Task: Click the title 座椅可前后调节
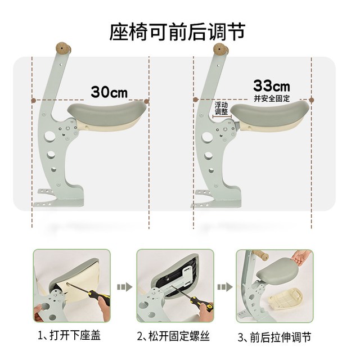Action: (178, 31)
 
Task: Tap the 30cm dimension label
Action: (109, 92)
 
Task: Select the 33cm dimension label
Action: (272, 86)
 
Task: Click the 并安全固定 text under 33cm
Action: (272, 98)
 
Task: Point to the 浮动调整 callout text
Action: (221, 109)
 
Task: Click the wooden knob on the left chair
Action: (63, 48)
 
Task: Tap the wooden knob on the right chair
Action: (220, 49)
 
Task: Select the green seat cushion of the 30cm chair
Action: (107, 112)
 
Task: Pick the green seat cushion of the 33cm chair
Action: (270, 112)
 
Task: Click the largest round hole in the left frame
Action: (49, 136)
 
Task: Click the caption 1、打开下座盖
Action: (69, 335)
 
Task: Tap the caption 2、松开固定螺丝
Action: (173, 336)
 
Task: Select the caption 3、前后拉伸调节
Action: (274, 337)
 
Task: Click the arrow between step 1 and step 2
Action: (124, 287)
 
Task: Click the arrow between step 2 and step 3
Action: (225, 287)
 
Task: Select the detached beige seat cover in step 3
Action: (285, 298)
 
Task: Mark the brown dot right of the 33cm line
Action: (311, 100)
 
